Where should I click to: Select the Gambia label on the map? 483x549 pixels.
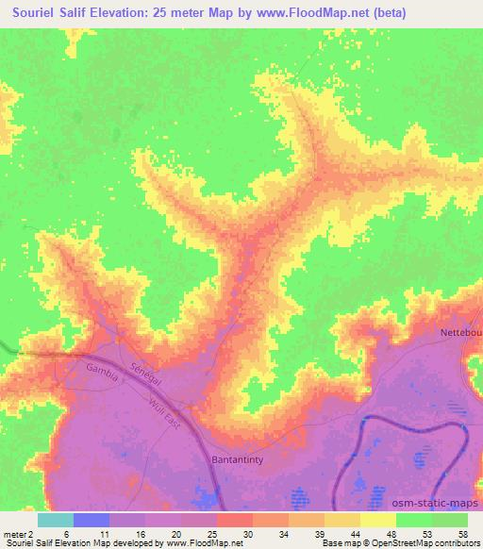102,368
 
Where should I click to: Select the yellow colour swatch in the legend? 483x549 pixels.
378,520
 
